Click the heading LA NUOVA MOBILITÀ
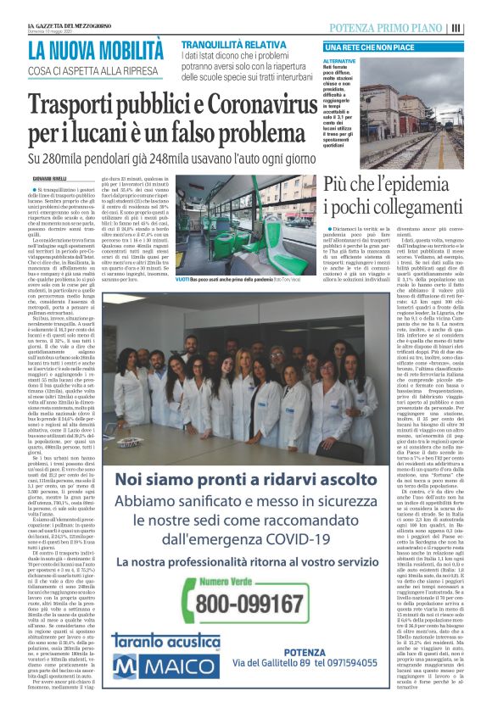[95, 51]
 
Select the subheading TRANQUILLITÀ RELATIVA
[221, 43]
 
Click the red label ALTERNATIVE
[339, 62]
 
